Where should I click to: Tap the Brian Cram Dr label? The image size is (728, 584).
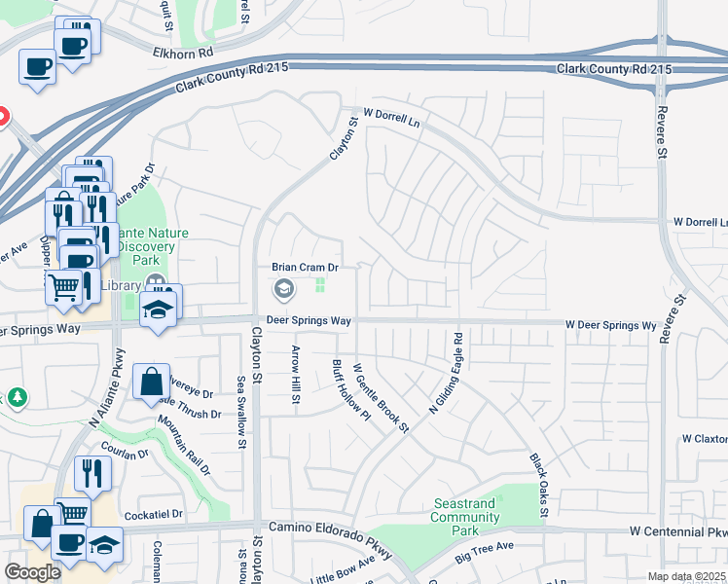click(305, 267)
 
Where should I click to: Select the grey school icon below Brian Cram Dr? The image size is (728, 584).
click(283, 287)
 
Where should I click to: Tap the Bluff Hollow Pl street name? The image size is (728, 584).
click(339, 389)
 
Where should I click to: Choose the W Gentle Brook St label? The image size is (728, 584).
click(381, 397)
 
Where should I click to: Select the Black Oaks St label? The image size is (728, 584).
click(539, 485)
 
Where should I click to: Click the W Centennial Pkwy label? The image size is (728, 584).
click(677, 532)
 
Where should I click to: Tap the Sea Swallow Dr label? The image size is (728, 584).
click(240, 410)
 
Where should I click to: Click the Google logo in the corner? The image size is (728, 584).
click(32, 571)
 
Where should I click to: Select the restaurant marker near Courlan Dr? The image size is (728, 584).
click(92, 472)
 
